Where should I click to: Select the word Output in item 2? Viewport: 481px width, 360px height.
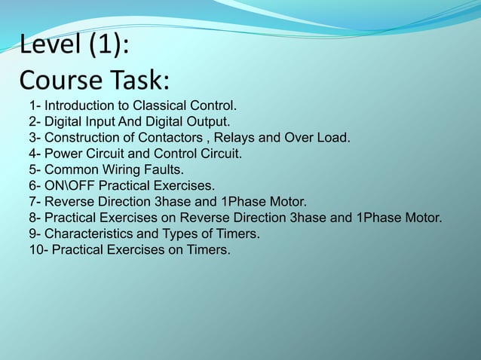point(209,121)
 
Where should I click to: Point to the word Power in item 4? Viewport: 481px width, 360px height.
point(63,154)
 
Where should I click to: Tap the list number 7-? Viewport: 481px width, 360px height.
point(35,201)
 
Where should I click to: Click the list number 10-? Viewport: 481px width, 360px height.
point(38,250)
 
